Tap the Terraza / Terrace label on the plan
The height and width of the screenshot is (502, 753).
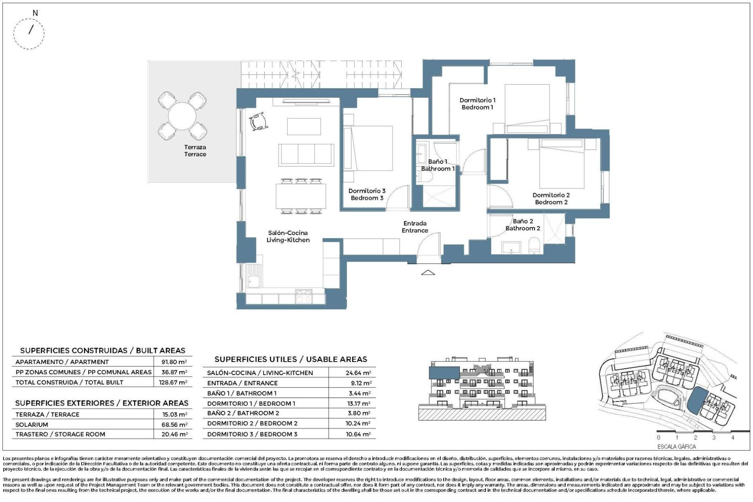[x=195, y=151]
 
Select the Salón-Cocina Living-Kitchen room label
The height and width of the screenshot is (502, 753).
[x=288, y=236]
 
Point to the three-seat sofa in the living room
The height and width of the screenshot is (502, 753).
[x=306, y=154]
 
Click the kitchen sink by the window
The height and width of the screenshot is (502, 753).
[x=254, y=276]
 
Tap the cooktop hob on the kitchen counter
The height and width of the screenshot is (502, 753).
[x=304, y=296]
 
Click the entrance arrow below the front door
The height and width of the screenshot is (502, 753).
[x=428, y=272]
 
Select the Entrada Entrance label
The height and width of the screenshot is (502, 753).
[x=415, y=227]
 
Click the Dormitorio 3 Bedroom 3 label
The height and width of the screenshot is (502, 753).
[x=367, y=194]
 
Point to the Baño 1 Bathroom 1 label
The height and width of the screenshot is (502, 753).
[x=438, y=165]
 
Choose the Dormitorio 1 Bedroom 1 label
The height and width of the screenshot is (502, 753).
[x=477, y=104]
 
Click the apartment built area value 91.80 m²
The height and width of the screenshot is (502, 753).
[x=174, y=362]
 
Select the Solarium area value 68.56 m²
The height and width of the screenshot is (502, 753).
[x=174, y=424]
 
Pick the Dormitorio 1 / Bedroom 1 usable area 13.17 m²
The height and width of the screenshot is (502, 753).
[x=358, y=403]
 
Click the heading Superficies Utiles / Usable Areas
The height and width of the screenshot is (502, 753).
[x=291, y=359]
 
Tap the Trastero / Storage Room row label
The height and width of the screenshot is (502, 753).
[x=60, y=434]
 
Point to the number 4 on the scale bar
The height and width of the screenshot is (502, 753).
[x=732, y=437]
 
